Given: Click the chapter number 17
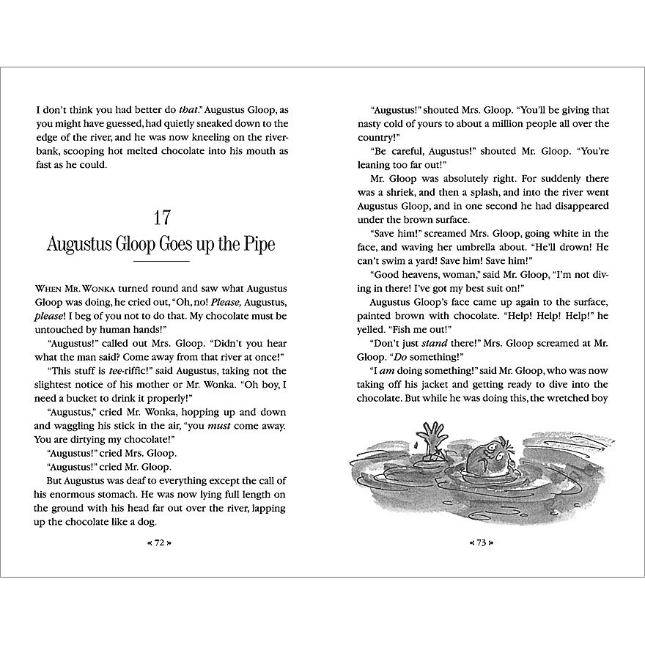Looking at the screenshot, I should click(x=161, y=218).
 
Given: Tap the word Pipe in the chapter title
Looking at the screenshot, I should click(x=255, y=244).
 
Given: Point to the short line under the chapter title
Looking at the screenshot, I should click(x=161, y=262).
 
